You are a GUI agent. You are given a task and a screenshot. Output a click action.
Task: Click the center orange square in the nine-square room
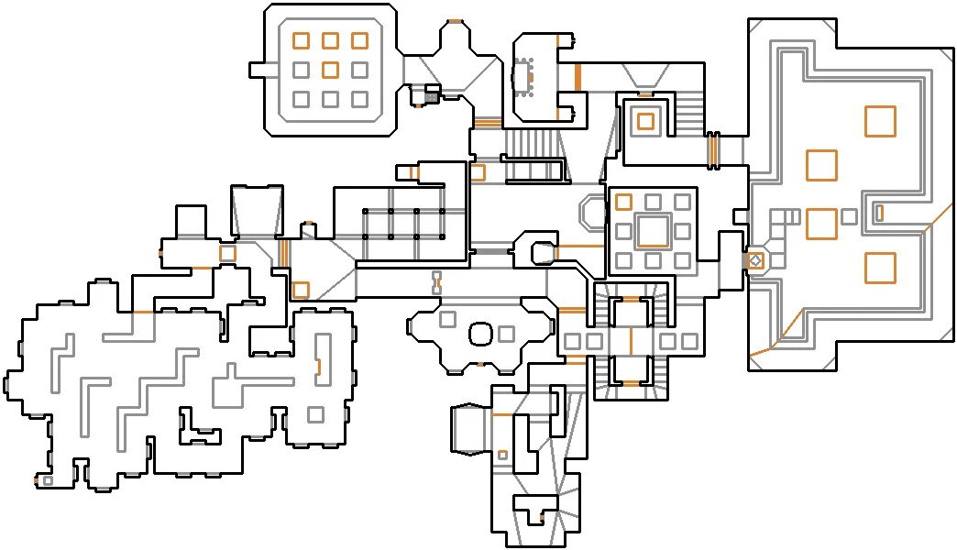tap(331, 69)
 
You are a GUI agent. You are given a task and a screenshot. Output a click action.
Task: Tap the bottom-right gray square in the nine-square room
tap(359, 98)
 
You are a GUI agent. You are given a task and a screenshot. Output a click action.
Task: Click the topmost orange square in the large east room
tap(880, 121)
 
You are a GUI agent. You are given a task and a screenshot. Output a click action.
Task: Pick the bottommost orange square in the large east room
tap(880, 267)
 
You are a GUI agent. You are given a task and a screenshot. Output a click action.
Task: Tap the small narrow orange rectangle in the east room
tap(879, 213)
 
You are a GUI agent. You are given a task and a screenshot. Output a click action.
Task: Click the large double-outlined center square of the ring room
tap(653, 230)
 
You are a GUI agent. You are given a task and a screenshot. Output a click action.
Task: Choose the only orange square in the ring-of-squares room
tap(624, 202)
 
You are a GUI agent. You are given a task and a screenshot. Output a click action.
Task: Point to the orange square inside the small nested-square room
tap(645, 121)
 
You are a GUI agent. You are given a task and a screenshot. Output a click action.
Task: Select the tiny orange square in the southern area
tap(502, 455)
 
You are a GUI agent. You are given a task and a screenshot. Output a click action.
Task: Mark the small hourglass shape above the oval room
tap(437, 282)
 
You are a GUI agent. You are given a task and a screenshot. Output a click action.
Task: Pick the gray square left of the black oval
tap(448, 319)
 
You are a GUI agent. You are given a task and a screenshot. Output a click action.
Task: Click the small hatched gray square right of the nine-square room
tap(432, 95)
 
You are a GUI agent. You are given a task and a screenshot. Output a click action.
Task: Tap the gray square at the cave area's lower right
tap(315, 414)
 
